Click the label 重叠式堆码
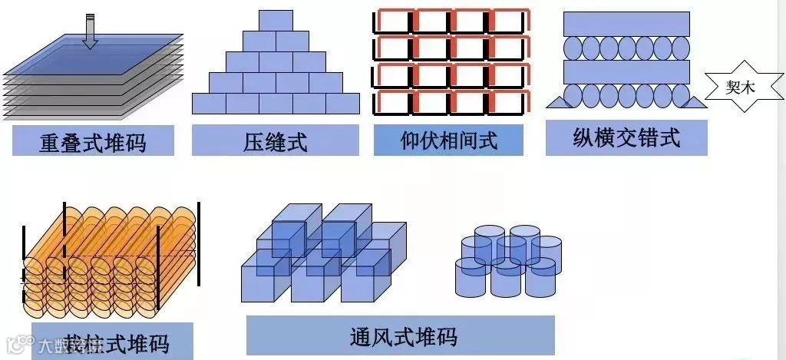tap(93, 142)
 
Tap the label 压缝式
tap(275, 142)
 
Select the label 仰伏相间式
tap(449, 140)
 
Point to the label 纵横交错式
tap(626, 137)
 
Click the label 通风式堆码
tap(400, 336)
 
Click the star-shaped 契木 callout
tap(741, 88)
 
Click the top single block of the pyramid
tap(276, 21)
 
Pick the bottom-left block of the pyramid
tap(208, 104)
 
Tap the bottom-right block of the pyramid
tap(343, 104)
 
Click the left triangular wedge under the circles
tap(558, 99)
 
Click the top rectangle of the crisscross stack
tap(626, 24)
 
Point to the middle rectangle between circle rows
tap(626, 71)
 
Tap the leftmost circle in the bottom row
tap(576, 96)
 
